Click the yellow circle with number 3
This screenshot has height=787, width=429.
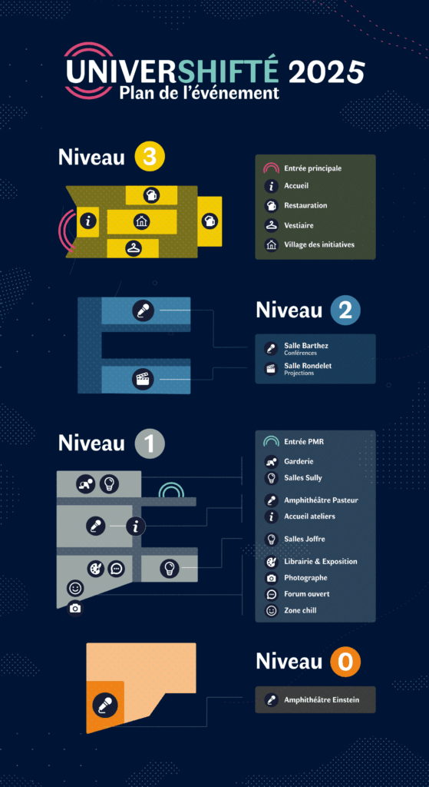150,157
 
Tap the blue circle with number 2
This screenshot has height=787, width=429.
345,310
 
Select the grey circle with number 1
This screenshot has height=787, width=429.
150,443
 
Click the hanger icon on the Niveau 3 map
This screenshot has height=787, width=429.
134,247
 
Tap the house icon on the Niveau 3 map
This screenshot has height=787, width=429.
142,221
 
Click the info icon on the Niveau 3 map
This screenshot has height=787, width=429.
89,221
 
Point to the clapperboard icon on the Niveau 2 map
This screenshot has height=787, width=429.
143,378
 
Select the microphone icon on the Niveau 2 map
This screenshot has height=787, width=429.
143,311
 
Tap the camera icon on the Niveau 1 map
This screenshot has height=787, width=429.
75,609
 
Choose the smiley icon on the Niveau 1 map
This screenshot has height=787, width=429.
75,587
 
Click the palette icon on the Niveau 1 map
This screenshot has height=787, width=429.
95,569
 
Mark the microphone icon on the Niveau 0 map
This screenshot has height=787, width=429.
105,705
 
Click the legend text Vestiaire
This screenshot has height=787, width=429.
299,225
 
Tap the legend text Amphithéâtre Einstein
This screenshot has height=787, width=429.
322,699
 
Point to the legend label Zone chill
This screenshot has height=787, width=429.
300,610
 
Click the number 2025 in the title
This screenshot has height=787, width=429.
327,72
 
